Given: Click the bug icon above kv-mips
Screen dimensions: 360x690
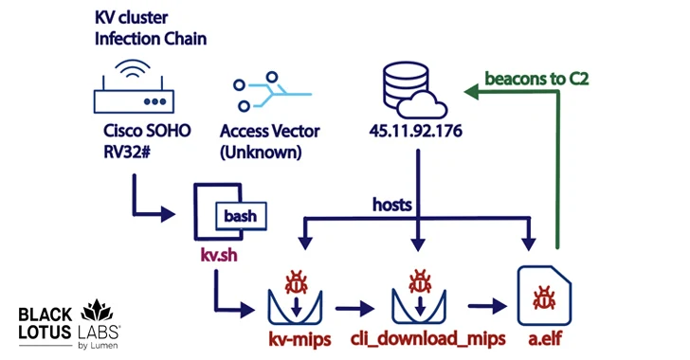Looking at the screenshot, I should pos(295,281).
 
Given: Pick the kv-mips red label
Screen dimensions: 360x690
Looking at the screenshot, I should pos(295,338).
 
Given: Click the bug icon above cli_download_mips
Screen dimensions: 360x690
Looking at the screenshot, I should pos(418,281).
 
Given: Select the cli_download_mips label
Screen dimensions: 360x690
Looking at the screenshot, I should pos(418,338).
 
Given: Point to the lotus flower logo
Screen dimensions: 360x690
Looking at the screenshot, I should pos(96,314).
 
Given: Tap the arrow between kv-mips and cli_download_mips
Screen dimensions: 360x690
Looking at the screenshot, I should pos(354,307).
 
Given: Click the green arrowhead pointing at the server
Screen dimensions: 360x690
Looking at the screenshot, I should pos(471,91).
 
